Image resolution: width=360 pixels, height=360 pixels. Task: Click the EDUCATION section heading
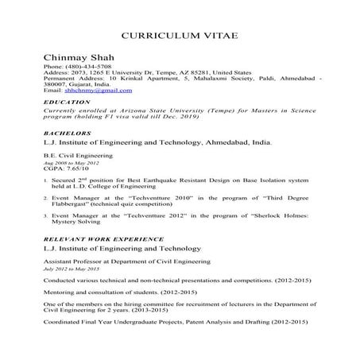point(68,103)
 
